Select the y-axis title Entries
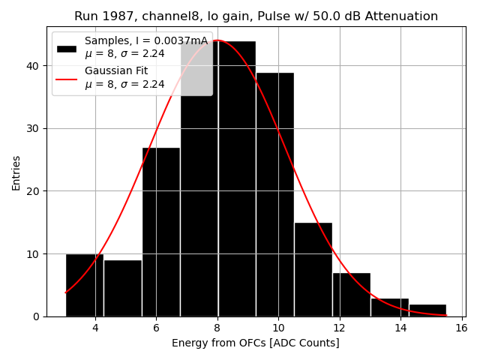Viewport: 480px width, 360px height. (x=16, y=172)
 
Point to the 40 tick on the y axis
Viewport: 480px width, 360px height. (x=37, y=65)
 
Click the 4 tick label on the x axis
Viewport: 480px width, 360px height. (x=95, y=328)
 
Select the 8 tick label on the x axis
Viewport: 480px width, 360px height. (x=217, y=328)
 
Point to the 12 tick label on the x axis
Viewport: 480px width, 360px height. (x=339, y=328)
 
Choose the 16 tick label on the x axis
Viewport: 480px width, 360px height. (x=460, y=328)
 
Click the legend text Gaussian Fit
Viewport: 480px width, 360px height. (x=116, y=70)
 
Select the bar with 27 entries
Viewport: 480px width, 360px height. (x=160, y=232)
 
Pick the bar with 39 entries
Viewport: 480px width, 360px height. (x=274, y=194)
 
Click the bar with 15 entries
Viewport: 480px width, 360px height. (x=313, y=269)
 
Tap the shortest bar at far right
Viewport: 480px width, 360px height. (x=427, y=310)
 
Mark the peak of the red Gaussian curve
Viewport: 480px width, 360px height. (x=217, y=40)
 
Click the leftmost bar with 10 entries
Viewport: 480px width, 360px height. (x=84, y=285)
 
